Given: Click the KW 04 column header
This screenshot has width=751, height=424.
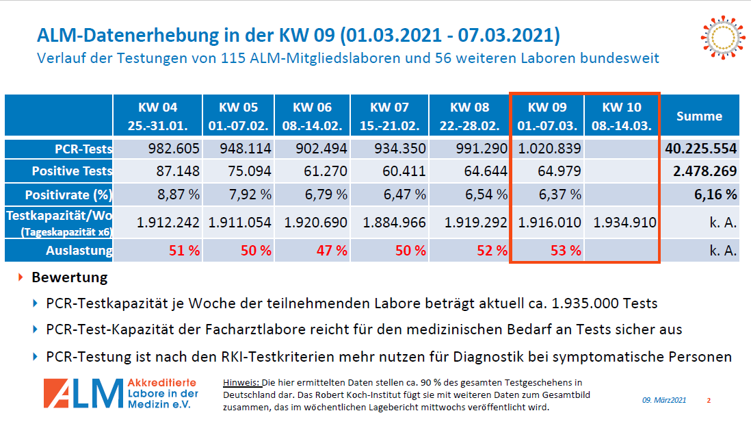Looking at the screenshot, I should coord(158,116).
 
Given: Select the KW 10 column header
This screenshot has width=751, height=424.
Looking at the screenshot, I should coord(622,116).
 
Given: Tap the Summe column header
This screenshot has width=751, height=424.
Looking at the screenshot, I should coord(699,116).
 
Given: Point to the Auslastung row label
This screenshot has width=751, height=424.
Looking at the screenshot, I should coord(79,251).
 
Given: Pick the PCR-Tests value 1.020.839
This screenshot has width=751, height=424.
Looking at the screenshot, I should coord(549,149).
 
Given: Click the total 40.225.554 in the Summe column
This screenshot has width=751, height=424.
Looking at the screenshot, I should coord(699,149).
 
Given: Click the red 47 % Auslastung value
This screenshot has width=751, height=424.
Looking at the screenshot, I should coord(331,251).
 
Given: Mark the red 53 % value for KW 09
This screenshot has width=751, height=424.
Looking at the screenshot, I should coord(565,251).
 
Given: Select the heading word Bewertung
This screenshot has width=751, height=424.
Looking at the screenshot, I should coord(70,278).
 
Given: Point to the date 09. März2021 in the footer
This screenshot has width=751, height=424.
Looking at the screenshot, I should coord(663,400).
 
